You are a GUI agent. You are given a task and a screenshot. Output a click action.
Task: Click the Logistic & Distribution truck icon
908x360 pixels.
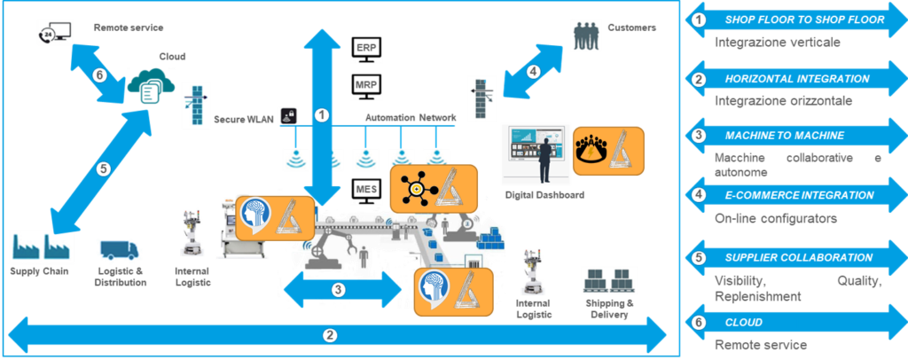click(x=119, y=254)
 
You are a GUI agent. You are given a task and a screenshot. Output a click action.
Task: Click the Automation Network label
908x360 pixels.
click(x=411, y=117)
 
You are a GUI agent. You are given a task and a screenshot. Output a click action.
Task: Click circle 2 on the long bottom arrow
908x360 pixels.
click(x=330, y=335)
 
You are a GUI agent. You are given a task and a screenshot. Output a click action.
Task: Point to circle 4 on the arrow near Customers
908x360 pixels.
click(x=533, y=71)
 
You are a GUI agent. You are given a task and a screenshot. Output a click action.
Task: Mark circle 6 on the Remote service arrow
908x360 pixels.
click(x=99, y=74)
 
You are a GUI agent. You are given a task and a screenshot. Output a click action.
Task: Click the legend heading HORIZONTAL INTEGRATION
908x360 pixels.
click(x=796, y=79)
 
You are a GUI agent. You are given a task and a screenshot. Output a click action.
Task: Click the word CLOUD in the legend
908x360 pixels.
click(x=743, y=323)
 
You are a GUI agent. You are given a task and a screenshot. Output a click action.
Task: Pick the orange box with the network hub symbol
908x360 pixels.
click(x=434, y=187)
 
